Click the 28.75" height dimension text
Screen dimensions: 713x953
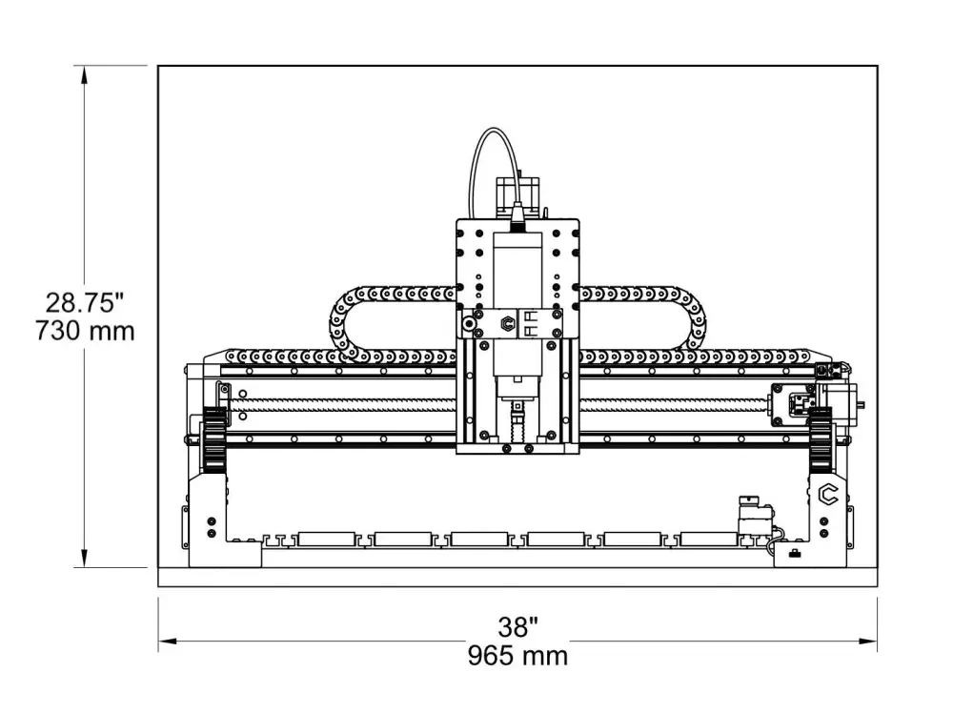pos(86,303)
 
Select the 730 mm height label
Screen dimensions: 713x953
pos(86,332)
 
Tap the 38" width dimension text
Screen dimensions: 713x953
pos(517,627)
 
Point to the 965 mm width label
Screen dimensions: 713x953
pos(517,656)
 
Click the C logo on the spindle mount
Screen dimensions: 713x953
pos(507,325)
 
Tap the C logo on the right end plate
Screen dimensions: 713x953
pos(828,494)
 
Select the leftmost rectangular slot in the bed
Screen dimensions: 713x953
pos(326,540)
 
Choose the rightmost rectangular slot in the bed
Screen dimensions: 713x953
pos(708,540)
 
